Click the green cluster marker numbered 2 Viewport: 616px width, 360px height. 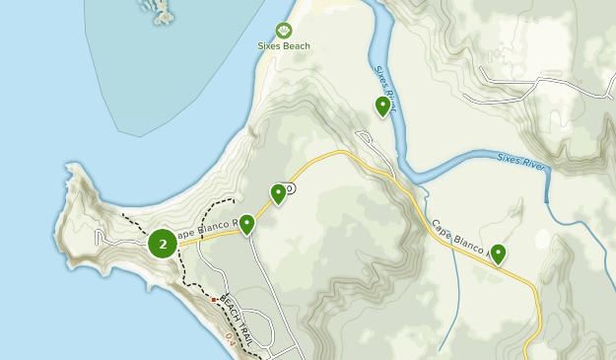tap(163, 244)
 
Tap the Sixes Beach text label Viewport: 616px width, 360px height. tap(284, 46)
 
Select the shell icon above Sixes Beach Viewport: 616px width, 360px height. tap(284, 31)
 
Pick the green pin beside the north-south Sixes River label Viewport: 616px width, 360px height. tap(382, 106)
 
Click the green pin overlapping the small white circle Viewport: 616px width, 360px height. tap(278, 193)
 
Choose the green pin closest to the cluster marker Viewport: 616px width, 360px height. tap(246, 225)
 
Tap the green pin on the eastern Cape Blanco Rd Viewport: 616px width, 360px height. tap(499, 254)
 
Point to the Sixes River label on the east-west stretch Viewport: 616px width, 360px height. tap(521, 160)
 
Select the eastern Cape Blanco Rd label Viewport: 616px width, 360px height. tap(459, 243)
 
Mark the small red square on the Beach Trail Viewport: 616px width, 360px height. tap(214, 299)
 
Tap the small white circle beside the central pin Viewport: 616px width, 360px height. tap(290, 187)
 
